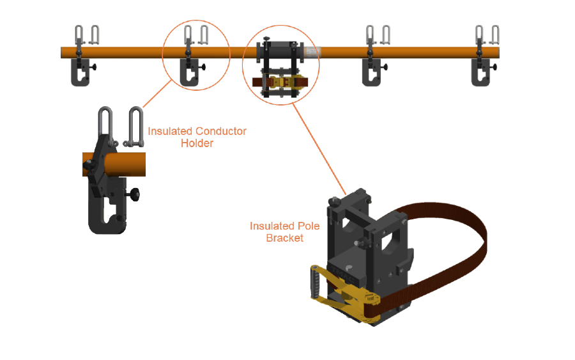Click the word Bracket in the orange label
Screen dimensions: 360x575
[285, 238]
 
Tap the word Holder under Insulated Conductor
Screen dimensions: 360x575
[197, 143]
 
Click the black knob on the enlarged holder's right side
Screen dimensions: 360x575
[135, 194]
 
